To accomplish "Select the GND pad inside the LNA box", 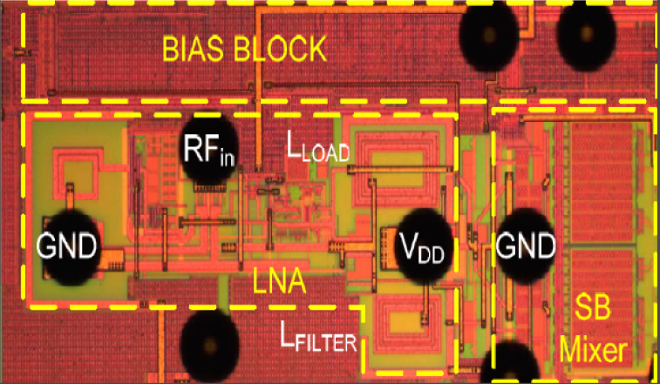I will (68, 246).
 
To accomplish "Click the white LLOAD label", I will (317, 149).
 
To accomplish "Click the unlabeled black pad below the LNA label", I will (210, 348).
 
